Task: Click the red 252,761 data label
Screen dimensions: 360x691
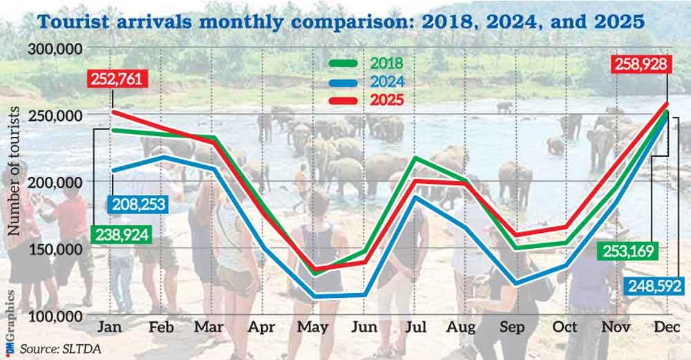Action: [116, 78]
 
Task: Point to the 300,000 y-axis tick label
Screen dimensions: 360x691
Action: [55, 49]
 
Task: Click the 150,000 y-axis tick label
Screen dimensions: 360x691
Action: [55, 249]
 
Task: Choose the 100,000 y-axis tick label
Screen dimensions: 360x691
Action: [55, 316]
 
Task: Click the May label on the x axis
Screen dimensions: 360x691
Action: [314, 327]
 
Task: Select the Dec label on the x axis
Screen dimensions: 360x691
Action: [665, 327]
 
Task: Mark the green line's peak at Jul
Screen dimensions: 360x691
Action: [415, 158]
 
